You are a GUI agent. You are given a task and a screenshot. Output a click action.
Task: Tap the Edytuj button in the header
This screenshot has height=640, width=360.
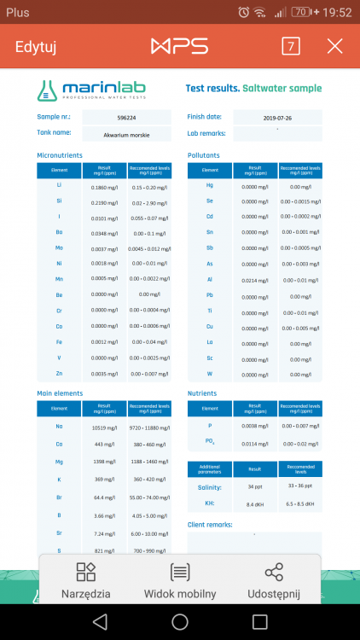pyautogui.click(x=35, y=46)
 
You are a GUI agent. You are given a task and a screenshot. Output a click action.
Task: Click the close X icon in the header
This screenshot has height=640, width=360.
pyautogui.click(x=334, y=46)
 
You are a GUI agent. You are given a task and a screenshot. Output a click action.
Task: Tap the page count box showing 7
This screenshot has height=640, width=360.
pyautogui.click(x=291, y=46)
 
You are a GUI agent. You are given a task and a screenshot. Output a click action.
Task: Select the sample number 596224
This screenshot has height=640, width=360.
pyautogui.click(x=126, y=118)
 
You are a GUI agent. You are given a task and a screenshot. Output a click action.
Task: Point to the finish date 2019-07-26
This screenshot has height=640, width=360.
pyautogui.click(x=277, y=118)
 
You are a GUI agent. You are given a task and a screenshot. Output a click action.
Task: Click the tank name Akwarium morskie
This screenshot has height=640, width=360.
pyautogui.click(x=126, y=134)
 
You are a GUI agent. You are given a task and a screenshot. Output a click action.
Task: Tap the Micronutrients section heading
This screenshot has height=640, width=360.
pyautogui.click(x=60, y=155)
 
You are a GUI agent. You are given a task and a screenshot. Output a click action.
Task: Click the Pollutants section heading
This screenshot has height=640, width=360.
pyautogui.click(x=203, y=155)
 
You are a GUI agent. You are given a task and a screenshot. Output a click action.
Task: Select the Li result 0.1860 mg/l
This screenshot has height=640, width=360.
pyautogui.click(x=105, y=187)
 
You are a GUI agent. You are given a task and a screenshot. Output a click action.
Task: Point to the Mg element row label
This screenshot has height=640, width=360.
pyautogui.click(x=60, y=461)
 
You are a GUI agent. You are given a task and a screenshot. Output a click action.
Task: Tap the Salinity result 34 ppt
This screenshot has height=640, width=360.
pyautogui.click(x=254, y=486)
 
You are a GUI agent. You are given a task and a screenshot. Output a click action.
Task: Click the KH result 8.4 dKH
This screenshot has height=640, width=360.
pyautogui.click(x=254, y=504)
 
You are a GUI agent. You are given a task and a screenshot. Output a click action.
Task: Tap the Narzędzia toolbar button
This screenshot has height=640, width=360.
pyautogui.click(x=85, y=581)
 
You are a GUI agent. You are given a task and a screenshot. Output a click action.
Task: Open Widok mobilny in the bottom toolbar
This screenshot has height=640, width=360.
pyautogui.click(x=179, y=581)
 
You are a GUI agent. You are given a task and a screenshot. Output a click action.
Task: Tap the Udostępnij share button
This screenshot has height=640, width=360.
pyautogui.click(x=274, y=581)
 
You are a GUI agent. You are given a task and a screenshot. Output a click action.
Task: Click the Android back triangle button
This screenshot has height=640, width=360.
pyautogui.click(x=100, y=621)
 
